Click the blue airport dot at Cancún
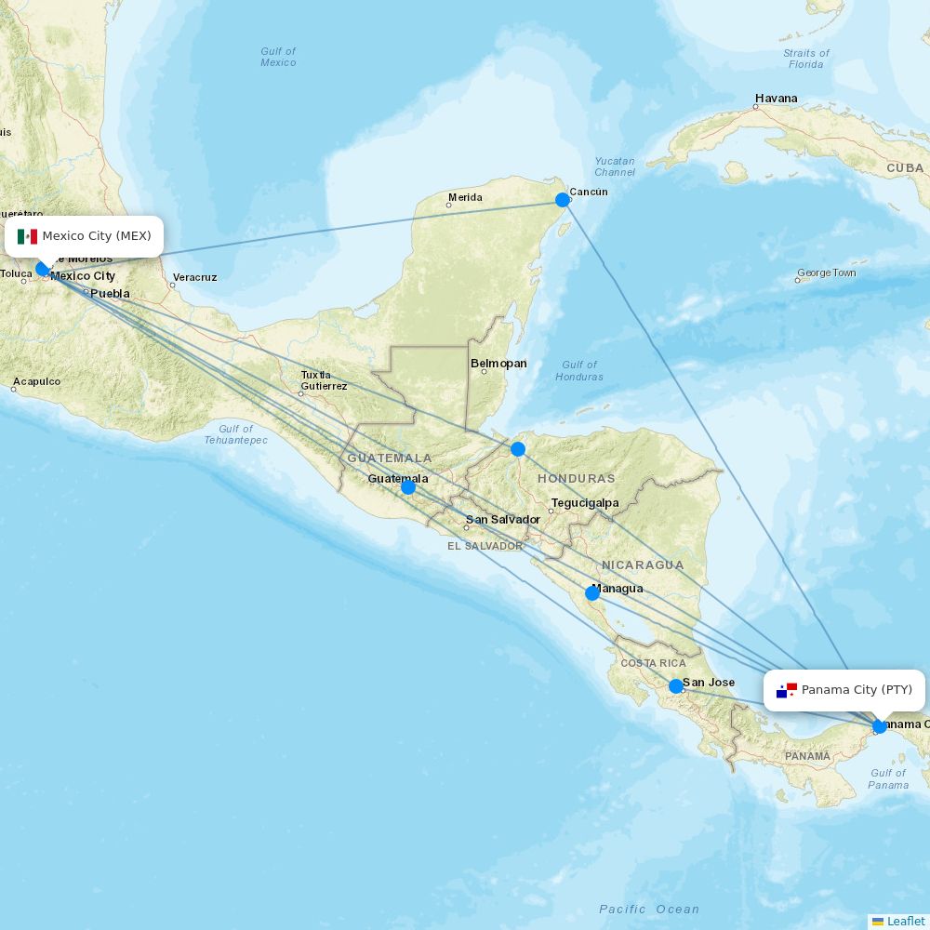562,200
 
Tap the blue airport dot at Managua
592,593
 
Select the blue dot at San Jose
676,686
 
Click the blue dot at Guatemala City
407,486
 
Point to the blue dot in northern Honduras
518,449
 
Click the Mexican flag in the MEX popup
27,236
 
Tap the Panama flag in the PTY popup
787,690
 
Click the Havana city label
776,99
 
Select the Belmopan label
498,364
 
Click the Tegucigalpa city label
584,503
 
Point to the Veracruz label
194,277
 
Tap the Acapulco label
37,381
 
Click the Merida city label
465,197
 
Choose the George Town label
826,273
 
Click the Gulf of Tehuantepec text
235,434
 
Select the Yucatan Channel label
615,166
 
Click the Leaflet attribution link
905,921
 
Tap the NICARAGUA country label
642,565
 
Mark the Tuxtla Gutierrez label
324,380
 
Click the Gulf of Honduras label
578,370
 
